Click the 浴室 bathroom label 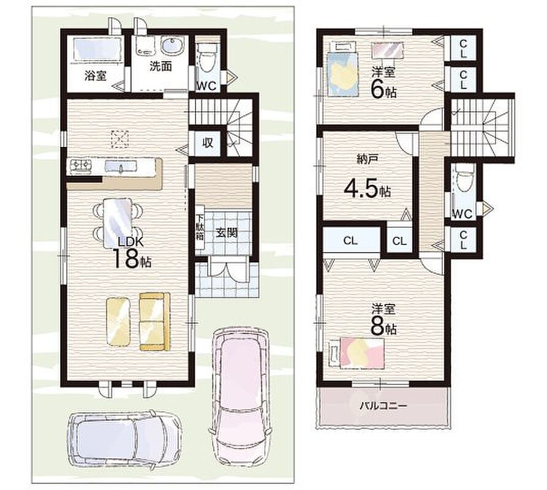tap(95, 75)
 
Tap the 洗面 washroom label tap(160, 66)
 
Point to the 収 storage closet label tap(208, 142)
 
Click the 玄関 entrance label tap(227, 233)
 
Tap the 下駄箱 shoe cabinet tap(200, 232)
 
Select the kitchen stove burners tap(81, 165)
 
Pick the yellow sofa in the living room tap(155, 321)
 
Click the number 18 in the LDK tap(125, 259)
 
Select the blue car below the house tap(125, 439)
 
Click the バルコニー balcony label tap(383, 406)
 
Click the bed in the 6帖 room tap(344, 68)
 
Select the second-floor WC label tap(462, 214)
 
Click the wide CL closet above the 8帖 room tap(352, 240)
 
